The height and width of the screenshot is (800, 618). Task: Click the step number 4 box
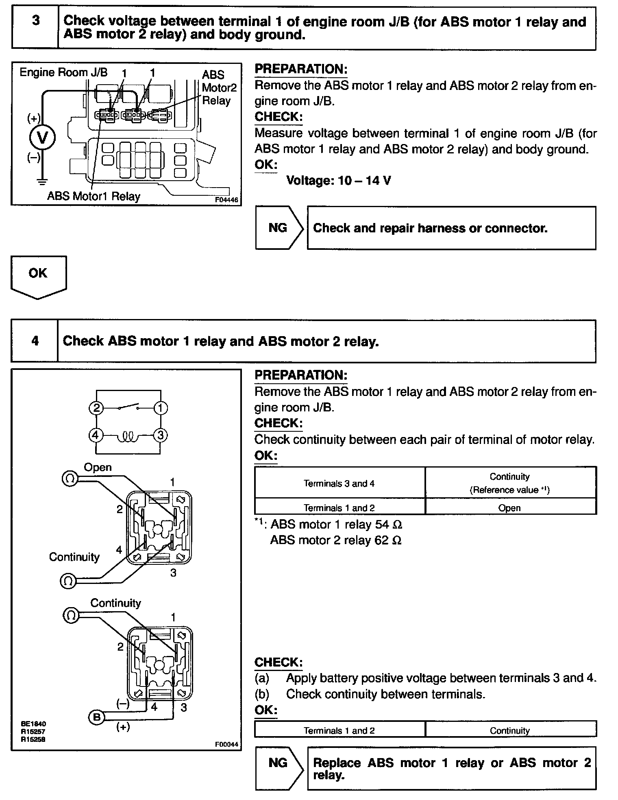(x=35, y=341)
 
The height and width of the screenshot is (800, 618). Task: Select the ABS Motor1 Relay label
(x=94, y=196)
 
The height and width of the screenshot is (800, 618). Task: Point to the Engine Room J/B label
(x=63, y=72)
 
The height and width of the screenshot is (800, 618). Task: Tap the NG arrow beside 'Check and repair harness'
(x=279, y=227)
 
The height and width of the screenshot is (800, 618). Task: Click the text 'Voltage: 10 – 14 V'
(x=339, y=180)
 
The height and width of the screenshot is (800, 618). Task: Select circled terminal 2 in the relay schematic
(x=96, y=408)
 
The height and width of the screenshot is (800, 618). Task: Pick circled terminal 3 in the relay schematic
(x=160, y=435)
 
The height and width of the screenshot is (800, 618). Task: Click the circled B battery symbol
(x=96, y=717)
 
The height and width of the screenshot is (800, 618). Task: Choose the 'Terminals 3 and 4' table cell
(x=339, y=483)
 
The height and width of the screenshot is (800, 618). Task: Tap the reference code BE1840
(x=34, y=723)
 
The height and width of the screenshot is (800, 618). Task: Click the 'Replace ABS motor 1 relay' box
(x=451, y=768)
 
